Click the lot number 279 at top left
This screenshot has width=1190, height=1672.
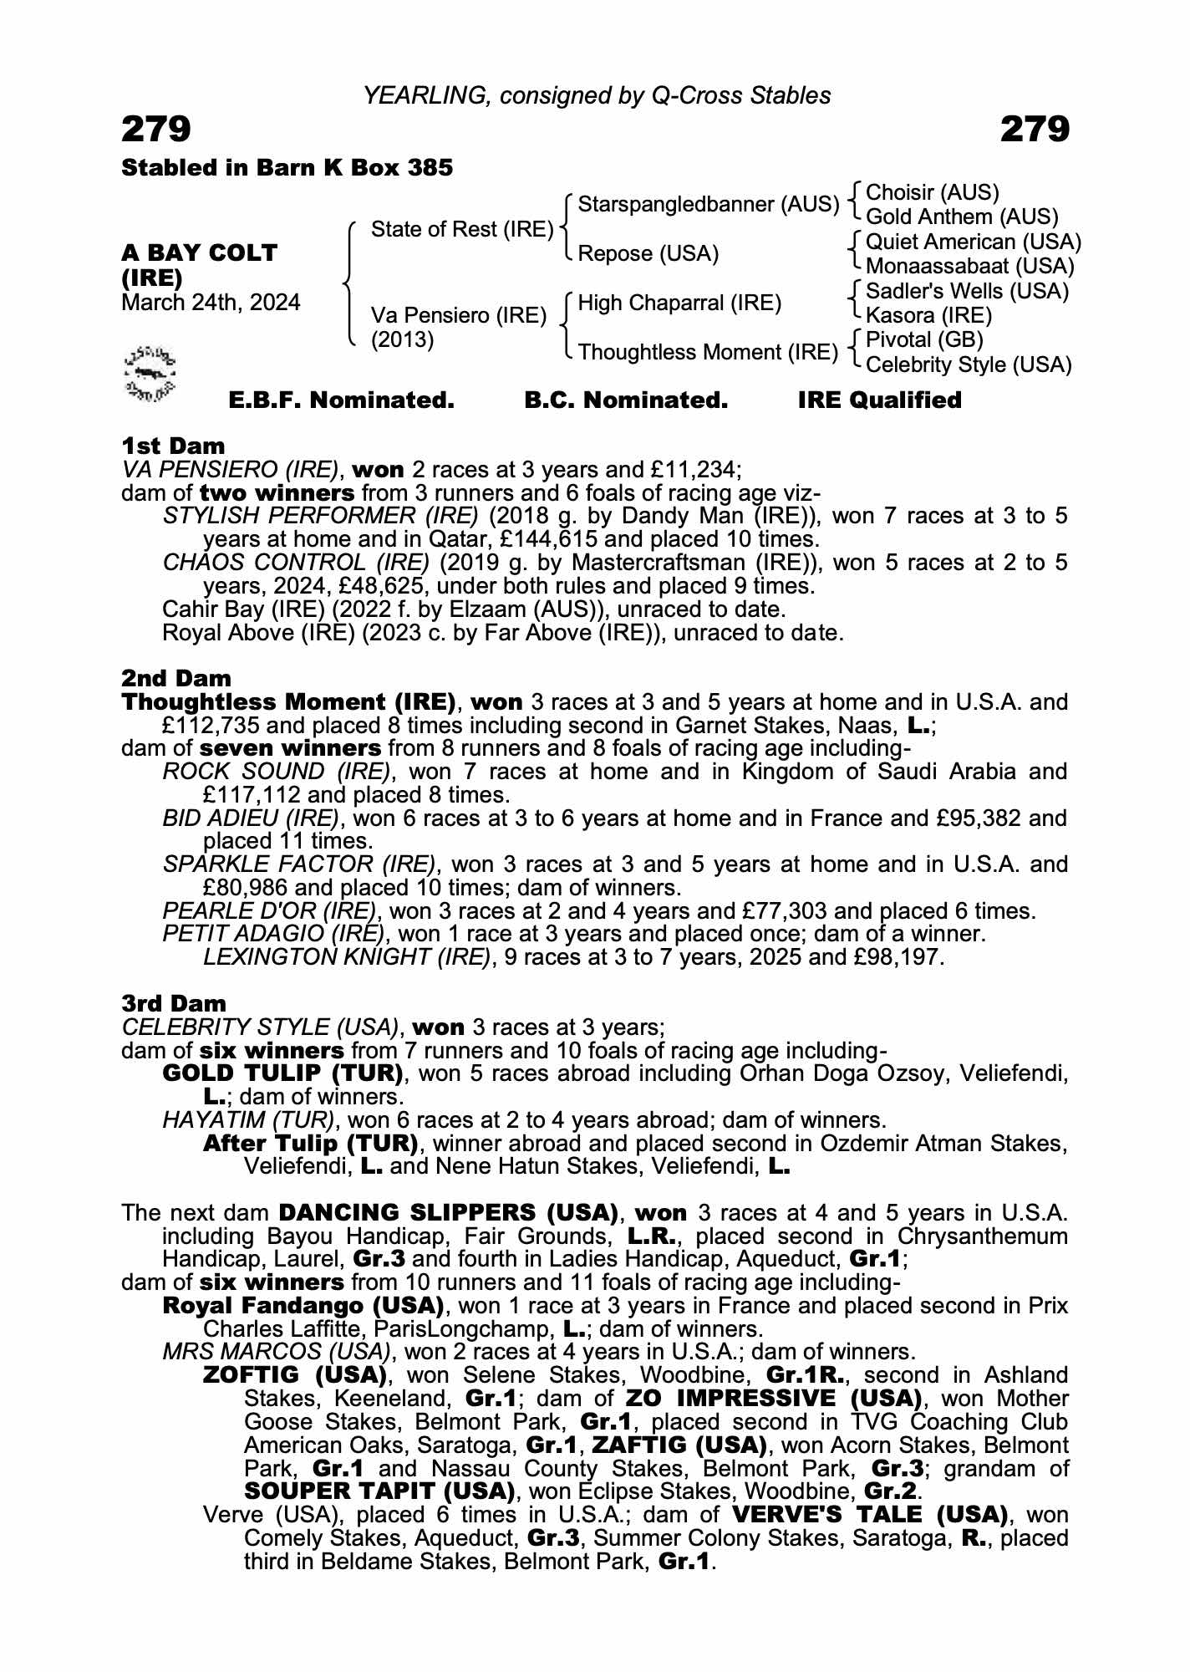pos(156,130)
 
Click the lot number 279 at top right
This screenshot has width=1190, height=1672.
pos(1034,130)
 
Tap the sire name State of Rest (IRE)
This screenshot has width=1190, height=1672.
pos(462,229)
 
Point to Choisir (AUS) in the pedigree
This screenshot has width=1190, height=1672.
pos(933,192)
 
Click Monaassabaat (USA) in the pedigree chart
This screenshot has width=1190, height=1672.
pos(969,267)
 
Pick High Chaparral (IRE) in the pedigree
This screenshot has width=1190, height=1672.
pos(679,303)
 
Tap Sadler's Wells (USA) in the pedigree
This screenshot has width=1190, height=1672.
pos(967,291)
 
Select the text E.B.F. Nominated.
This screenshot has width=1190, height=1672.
pos(341,400)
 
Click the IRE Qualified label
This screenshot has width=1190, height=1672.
pos(879,400)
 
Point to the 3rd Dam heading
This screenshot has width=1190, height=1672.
pos(174,1003)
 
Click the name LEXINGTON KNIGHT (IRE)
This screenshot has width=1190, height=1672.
pos(346,957)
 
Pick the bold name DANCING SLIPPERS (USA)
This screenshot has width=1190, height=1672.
pos(448,1213)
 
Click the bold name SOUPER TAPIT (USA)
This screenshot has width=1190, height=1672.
pos(379,1491)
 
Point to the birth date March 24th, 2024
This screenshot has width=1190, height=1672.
pos(211,303)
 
